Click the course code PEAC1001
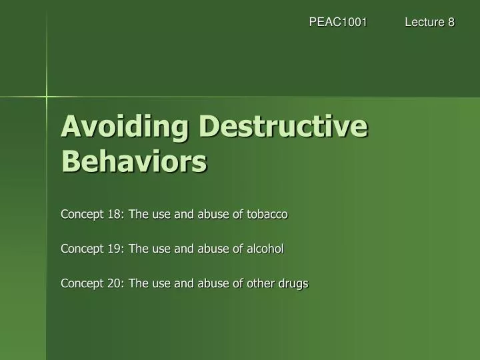tap(338, 22)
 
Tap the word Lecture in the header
tap(425, 22)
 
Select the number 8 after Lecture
tap(451, 22)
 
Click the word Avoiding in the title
tap(119, 126)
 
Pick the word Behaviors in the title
tap(134, 161)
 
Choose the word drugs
tap(294, 283)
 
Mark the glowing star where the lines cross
tap(47, 97)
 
